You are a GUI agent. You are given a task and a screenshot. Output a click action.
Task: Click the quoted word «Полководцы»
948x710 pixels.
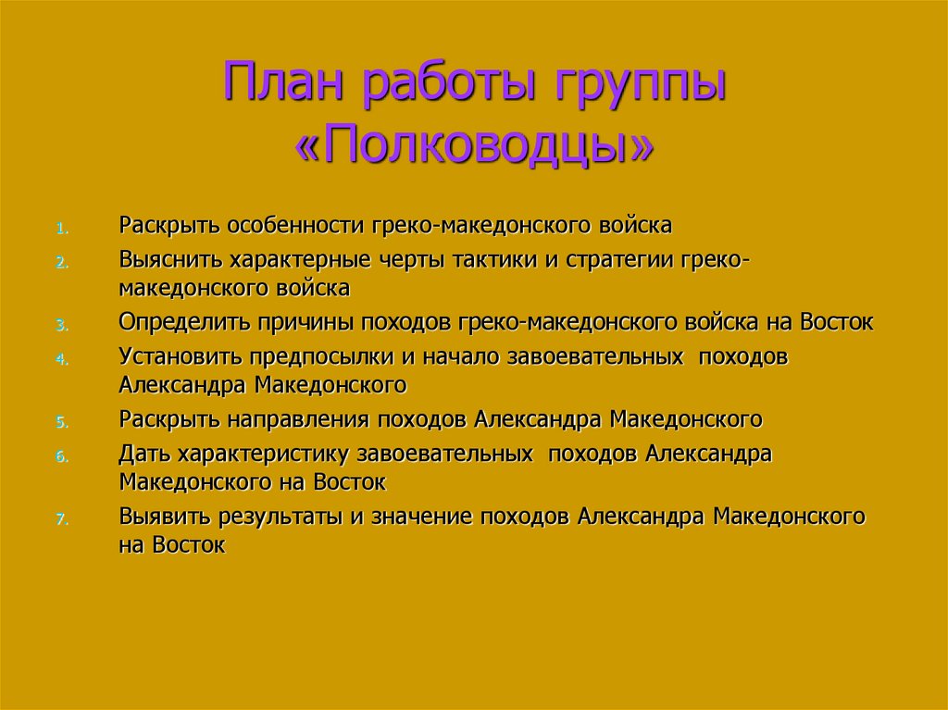[x=473, y=145]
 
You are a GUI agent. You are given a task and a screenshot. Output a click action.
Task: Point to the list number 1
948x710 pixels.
[x=62, y=228]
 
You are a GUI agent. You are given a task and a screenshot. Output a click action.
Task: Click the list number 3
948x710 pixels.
[x=61, y=325]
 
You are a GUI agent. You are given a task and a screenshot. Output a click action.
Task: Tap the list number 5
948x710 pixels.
[x=61, y=422]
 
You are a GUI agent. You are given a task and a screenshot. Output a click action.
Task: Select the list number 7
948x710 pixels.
[x=61, y=519]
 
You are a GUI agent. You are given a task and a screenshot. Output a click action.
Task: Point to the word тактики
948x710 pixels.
[x=494, y=261]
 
